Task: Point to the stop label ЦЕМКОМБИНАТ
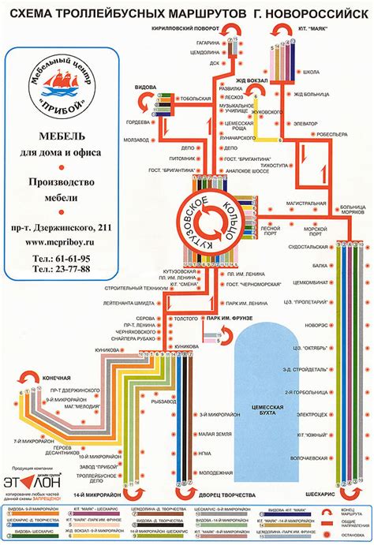[x=308, y=282]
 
